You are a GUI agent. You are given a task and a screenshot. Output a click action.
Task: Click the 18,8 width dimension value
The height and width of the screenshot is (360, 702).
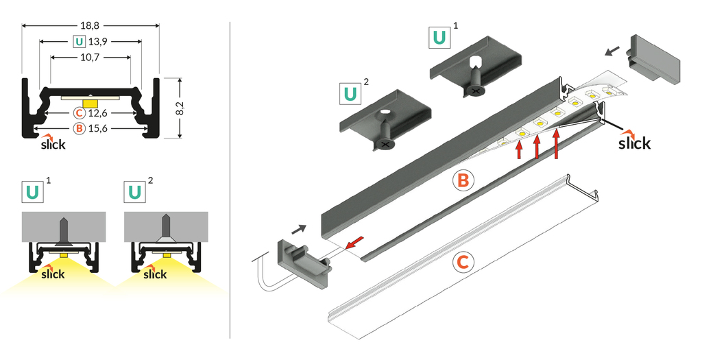[x=90, y=25]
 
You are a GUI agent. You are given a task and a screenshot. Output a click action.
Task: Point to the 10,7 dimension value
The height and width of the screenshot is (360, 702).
[x=90, y=58]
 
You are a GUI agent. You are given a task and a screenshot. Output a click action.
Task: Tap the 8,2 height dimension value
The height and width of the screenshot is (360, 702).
[x=180, y=108]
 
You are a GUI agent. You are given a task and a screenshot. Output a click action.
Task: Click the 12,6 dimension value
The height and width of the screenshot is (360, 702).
[x=99, y=112]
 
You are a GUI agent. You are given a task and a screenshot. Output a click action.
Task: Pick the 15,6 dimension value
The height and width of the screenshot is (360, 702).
[x=99, y=128]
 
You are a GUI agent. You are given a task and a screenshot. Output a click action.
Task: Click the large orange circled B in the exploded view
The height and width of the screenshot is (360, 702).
[x=463, y=180]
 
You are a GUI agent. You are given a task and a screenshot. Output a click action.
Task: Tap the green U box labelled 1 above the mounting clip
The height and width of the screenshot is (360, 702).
[x=440, y=38]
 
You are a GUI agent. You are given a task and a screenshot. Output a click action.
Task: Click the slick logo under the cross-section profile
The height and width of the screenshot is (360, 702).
[x=53, y=144]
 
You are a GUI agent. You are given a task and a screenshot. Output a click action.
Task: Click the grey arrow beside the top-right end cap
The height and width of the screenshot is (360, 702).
[x=615, y=50]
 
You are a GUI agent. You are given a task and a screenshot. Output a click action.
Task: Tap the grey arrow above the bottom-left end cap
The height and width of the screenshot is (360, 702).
[x=300, y=228]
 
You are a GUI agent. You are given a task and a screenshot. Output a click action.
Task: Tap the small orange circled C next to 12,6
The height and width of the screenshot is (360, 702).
[x=80, y=112]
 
